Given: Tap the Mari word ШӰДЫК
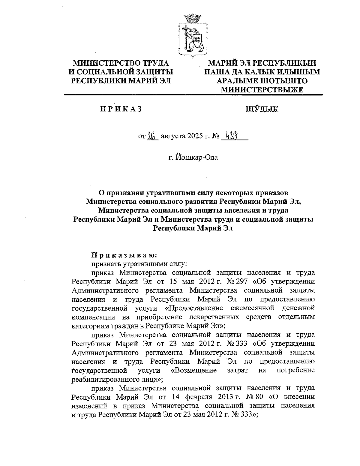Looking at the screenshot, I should [x=262, y=109].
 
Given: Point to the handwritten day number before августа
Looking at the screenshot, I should [x=152, y=136].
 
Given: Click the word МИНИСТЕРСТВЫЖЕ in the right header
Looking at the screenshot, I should [x=262, y=89].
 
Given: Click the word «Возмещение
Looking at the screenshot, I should [x=193, y=370].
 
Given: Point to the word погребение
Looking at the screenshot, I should [x=295, y=370].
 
